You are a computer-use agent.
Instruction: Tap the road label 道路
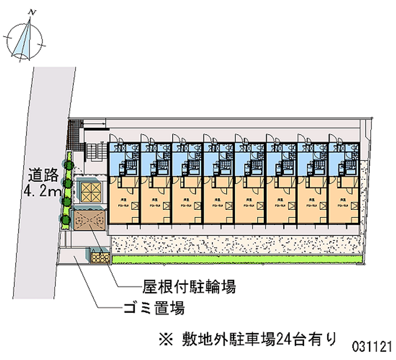click(x=44, y=175)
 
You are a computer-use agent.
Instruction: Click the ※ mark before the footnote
click(x=165, y=340)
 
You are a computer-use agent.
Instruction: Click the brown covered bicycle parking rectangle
click(x=89, y=219)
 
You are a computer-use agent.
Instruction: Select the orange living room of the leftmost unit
click(x=124, y=198)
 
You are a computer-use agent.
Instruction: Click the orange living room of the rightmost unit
click(x=345, y=198)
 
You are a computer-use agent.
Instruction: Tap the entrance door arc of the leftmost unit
click(x=113, y=139)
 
